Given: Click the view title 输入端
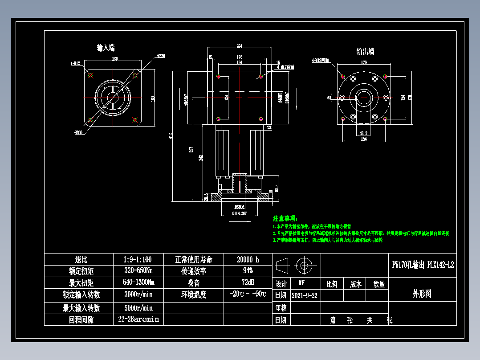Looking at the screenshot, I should point(106,48).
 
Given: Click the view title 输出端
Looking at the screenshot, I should point(365,52).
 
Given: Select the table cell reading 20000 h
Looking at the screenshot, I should point(248,259).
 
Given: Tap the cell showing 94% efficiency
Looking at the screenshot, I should point(248,271).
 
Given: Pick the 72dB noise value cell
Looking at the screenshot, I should point(248,282).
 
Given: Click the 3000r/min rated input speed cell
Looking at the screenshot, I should point(138,295).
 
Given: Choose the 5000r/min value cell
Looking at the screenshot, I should point(138,308).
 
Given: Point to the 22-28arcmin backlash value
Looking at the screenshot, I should point(138,319).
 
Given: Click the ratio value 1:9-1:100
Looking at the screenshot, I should point(138,259).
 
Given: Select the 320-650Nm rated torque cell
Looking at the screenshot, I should point(138,271).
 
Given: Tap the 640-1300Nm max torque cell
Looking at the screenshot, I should point(138,282).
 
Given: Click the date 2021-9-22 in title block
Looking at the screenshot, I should point(305,295).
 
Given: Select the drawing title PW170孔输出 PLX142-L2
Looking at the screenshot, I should point(423,265).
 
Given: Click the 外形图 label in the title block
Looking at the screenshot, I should point(422,294).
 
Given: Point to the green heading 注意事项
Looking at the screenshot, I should point(285,218).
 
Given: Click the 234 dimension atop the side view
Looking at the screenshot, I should point(240,46).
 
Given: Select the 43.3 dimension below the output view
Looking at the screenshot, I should point(362,133).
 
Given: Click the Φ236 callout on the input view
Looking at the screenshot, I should point(161,56).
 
